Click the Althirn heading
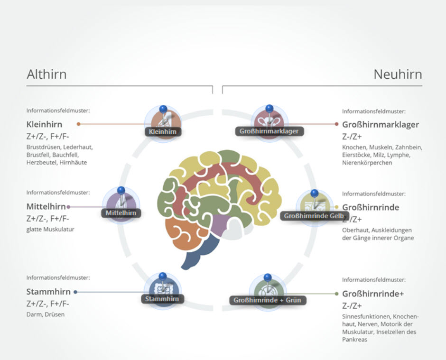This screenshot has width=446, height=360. point(46,74)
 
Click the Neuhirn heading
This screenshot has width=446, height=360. point(398,74)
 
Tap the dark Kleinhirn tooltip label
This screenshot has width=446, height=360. point(163,131)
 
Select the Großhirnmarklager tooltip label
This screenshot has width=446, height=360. point(269,131)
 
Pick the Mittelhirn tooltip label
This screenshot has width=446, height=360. point(121,213)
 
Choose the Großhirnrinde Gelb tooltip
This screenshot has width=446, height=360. point(314,216)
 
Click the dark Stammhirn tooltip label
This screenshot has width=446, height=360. point(162,299)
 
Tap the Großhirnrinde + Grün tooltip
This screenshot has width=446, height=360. point(268,300)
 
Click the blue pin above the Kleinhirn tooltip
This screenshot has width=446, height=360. point(163,110)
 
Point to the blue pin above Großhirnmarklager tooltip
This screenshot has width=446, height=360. point(269,109)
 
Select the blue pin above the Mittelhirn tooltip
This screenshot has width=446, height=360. point(121,191)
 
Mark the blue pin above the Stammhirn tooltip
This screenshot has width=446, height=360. point(162,276)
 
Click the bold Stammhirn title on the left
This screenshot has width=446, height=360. point(48,292)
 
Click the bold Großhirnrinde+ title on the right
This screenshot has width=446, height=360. point(373,294)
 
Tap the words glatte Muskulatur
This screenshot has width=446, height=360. point(50,230)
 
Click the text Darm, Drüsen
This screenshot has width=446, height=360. point(46,314)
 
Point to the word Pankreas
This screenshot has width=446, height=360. point(354,340)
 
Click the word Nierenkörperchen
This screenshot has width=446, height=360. point(367,163)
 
